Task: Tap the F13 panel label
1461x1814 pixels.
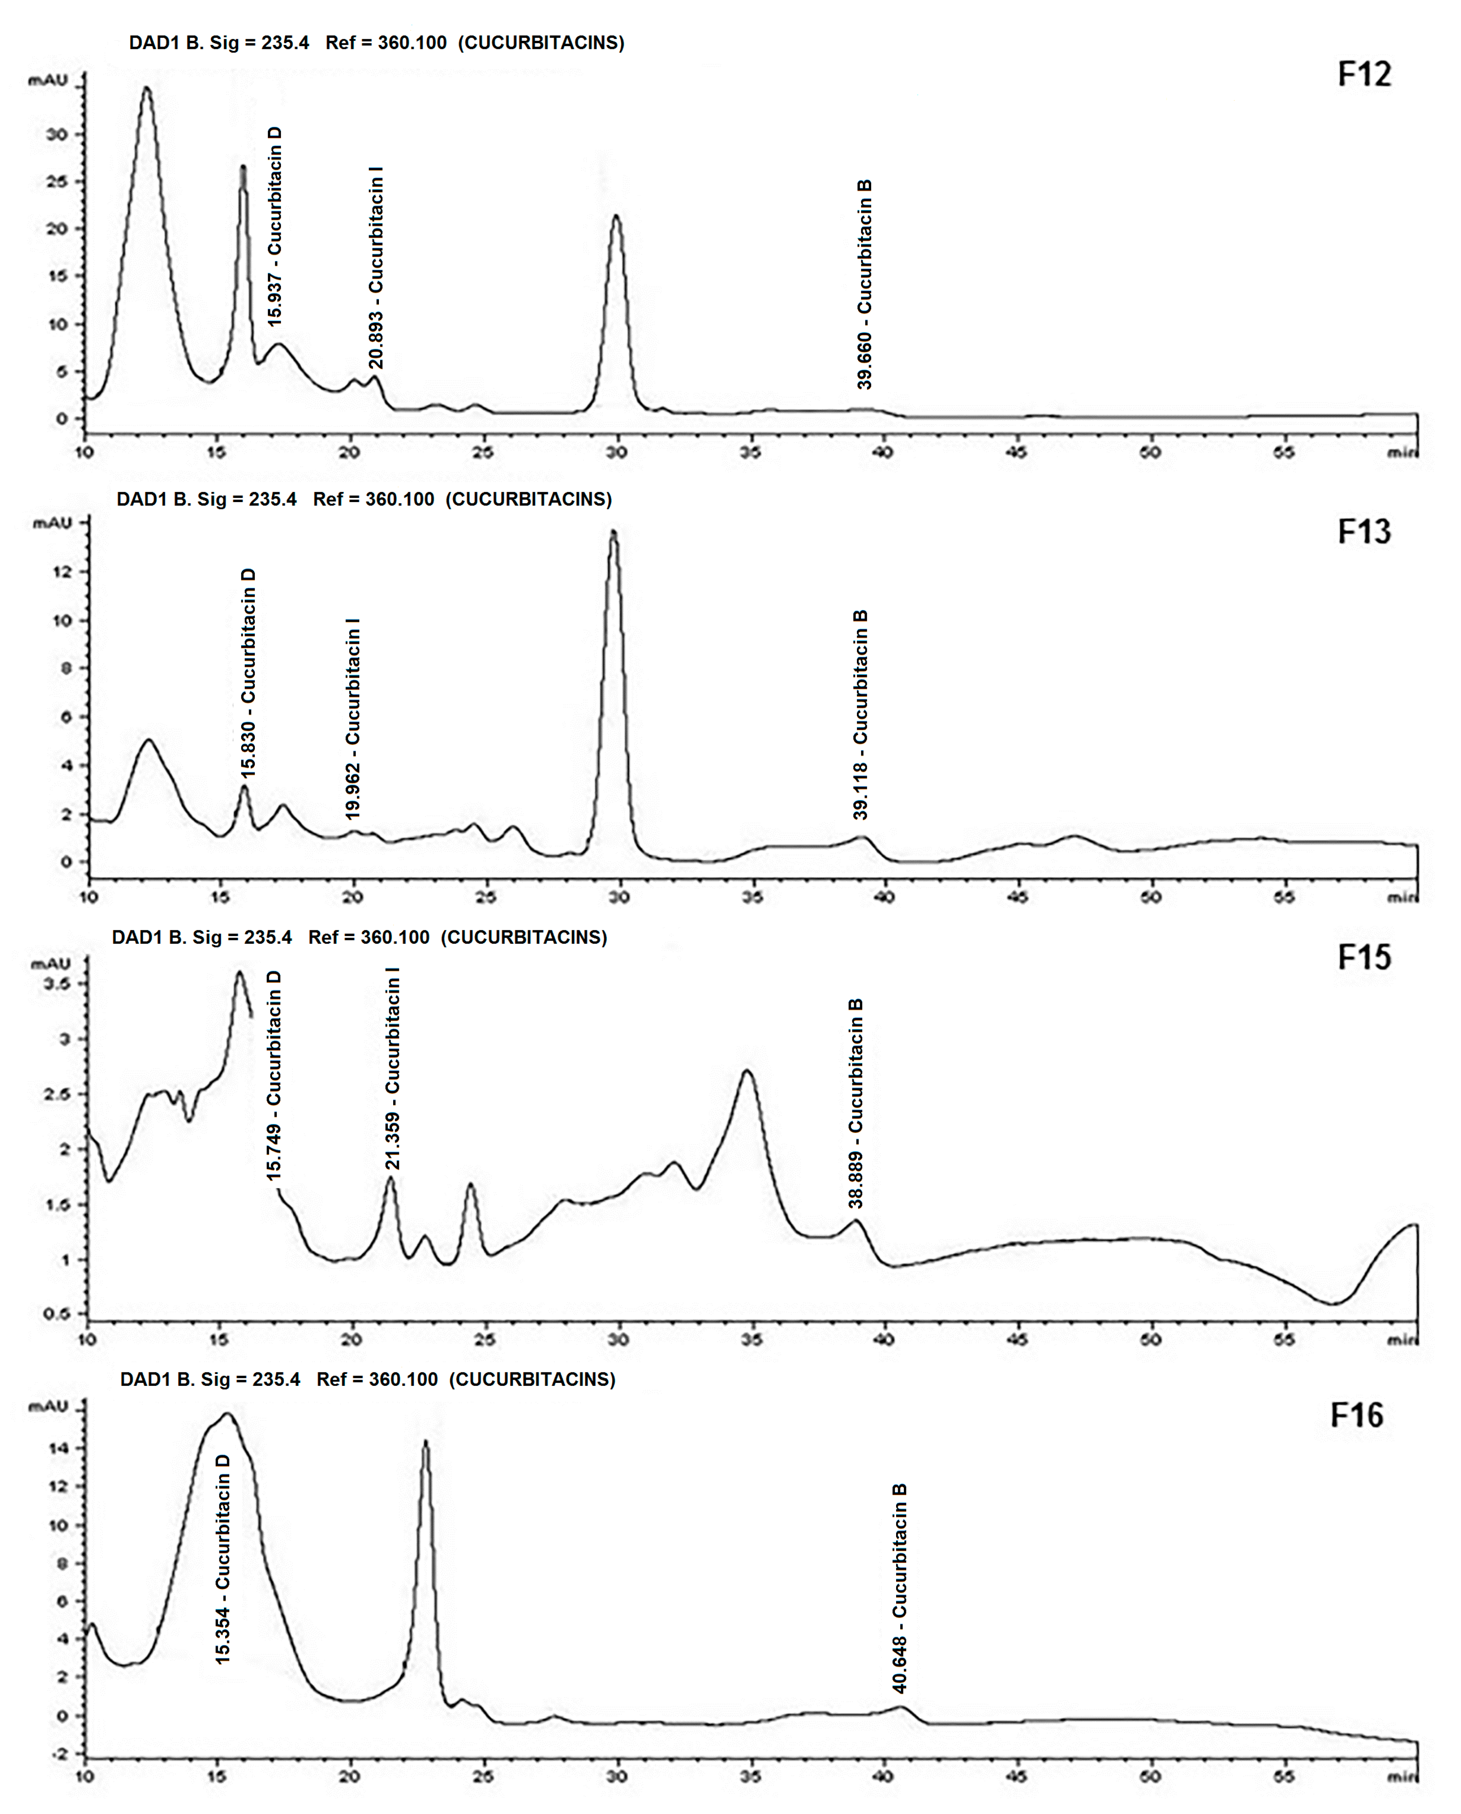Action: pyautogui.click(x=1364, y=532)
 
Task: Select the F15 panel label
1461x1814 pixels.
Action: pyautogui.click(x=1364, y=958)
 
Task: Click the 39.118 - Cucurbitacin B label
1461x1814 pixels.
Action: pyautogui.click(x=860, y=715)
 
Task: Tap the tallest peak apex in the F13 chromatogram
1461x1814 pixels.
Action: pyautogui.click(x=613, y=532)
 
